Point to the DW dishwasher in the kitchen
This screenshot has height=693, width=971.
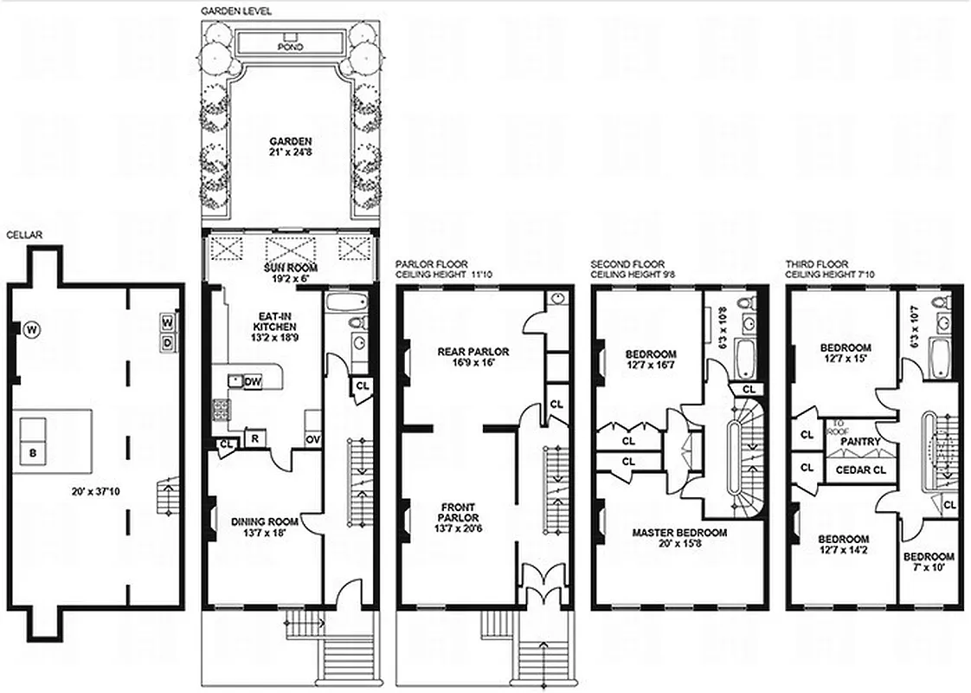(253, 381)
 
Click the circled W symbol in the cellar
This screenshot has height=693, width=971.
(32, 329)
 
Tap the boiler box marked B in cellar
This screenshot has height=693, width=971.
(34, 452)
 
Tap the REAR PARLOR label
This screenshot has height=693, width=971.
(473, 357)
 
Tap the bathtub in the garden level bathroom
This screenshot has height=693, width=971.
(347, 302)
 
